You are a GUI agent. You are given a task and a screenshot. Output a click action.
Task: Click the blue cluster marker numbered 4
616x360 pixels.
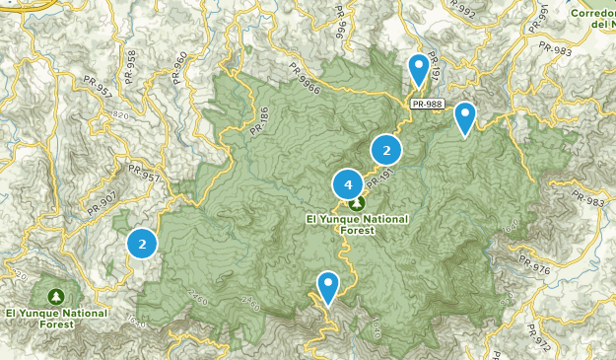coord(346,184)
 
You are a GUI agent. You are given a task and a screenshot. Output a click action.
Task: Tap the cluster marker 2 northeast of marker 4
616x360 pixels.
coord(386,150)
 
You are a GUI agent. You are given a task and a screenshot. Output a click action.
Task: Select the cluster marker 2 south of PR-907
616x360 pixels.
coord(143,243)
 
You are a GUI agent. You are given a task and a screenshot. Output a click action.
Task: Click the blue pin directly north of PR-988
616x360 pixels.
coord(419,68)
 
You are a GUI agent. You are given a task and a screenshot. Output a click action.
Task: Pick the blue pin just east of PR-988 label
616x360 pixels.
coord(464,117)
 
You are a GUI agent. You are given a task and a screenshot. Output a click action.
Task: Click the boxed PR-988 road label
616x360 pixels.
coord(427,102)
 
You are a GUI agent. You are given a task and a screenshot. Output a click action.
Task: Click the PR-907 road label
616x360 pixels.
coord(102,202)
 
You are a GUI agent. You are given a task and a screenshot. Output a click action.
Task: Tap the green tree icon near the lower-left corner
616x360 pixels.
coord(56,296)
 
